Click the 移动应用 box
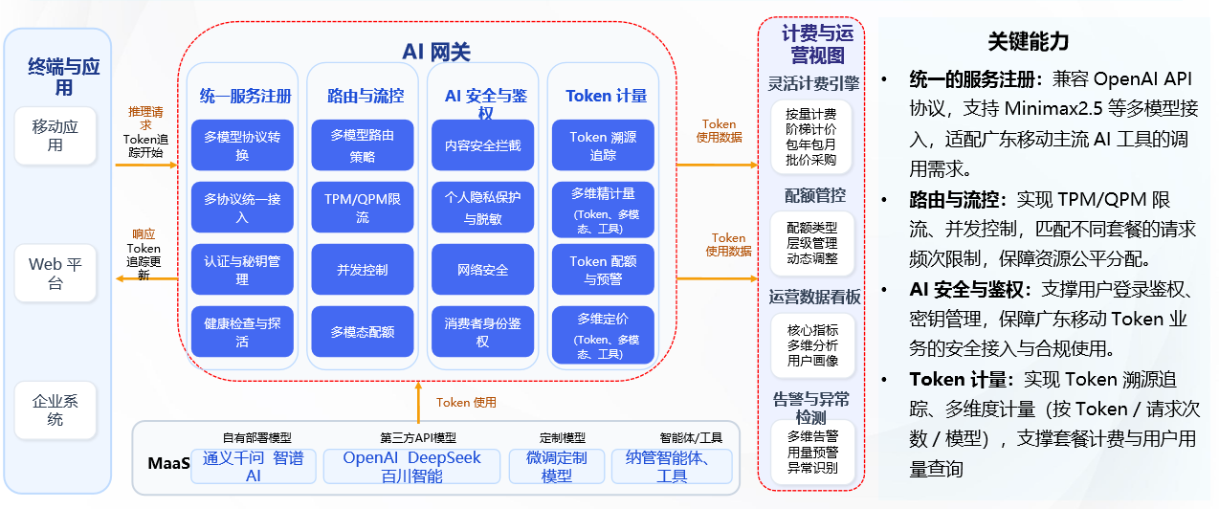[55, 136]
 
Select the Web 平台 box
[55, 274]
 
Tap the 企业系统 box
[55, 409]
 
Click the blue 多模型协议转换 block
[242, 145]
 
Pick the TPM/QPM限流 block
[363, 208]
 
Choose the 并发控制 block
[363, 270]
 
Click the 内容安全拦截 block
[482, 145]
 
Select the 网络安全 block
[482, 270]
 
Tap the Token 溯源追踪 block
[603, 145]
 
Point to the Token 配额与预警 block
[603, 270]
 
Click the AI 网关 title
[436, 52]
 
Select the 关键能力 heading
[1028, 41]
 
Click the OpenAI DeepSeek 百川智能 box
[412, 467]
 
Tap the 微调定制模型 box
[557, 467]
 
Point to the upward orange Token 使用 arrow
[418, 402]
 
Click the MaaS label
[168, 463]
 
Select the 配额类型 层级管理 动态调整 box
[812, 243]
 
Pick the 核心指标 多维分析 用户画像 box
[812, 345]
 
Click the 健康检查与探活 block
[242, 332]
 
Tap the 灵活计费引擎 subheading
[813, 83]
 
